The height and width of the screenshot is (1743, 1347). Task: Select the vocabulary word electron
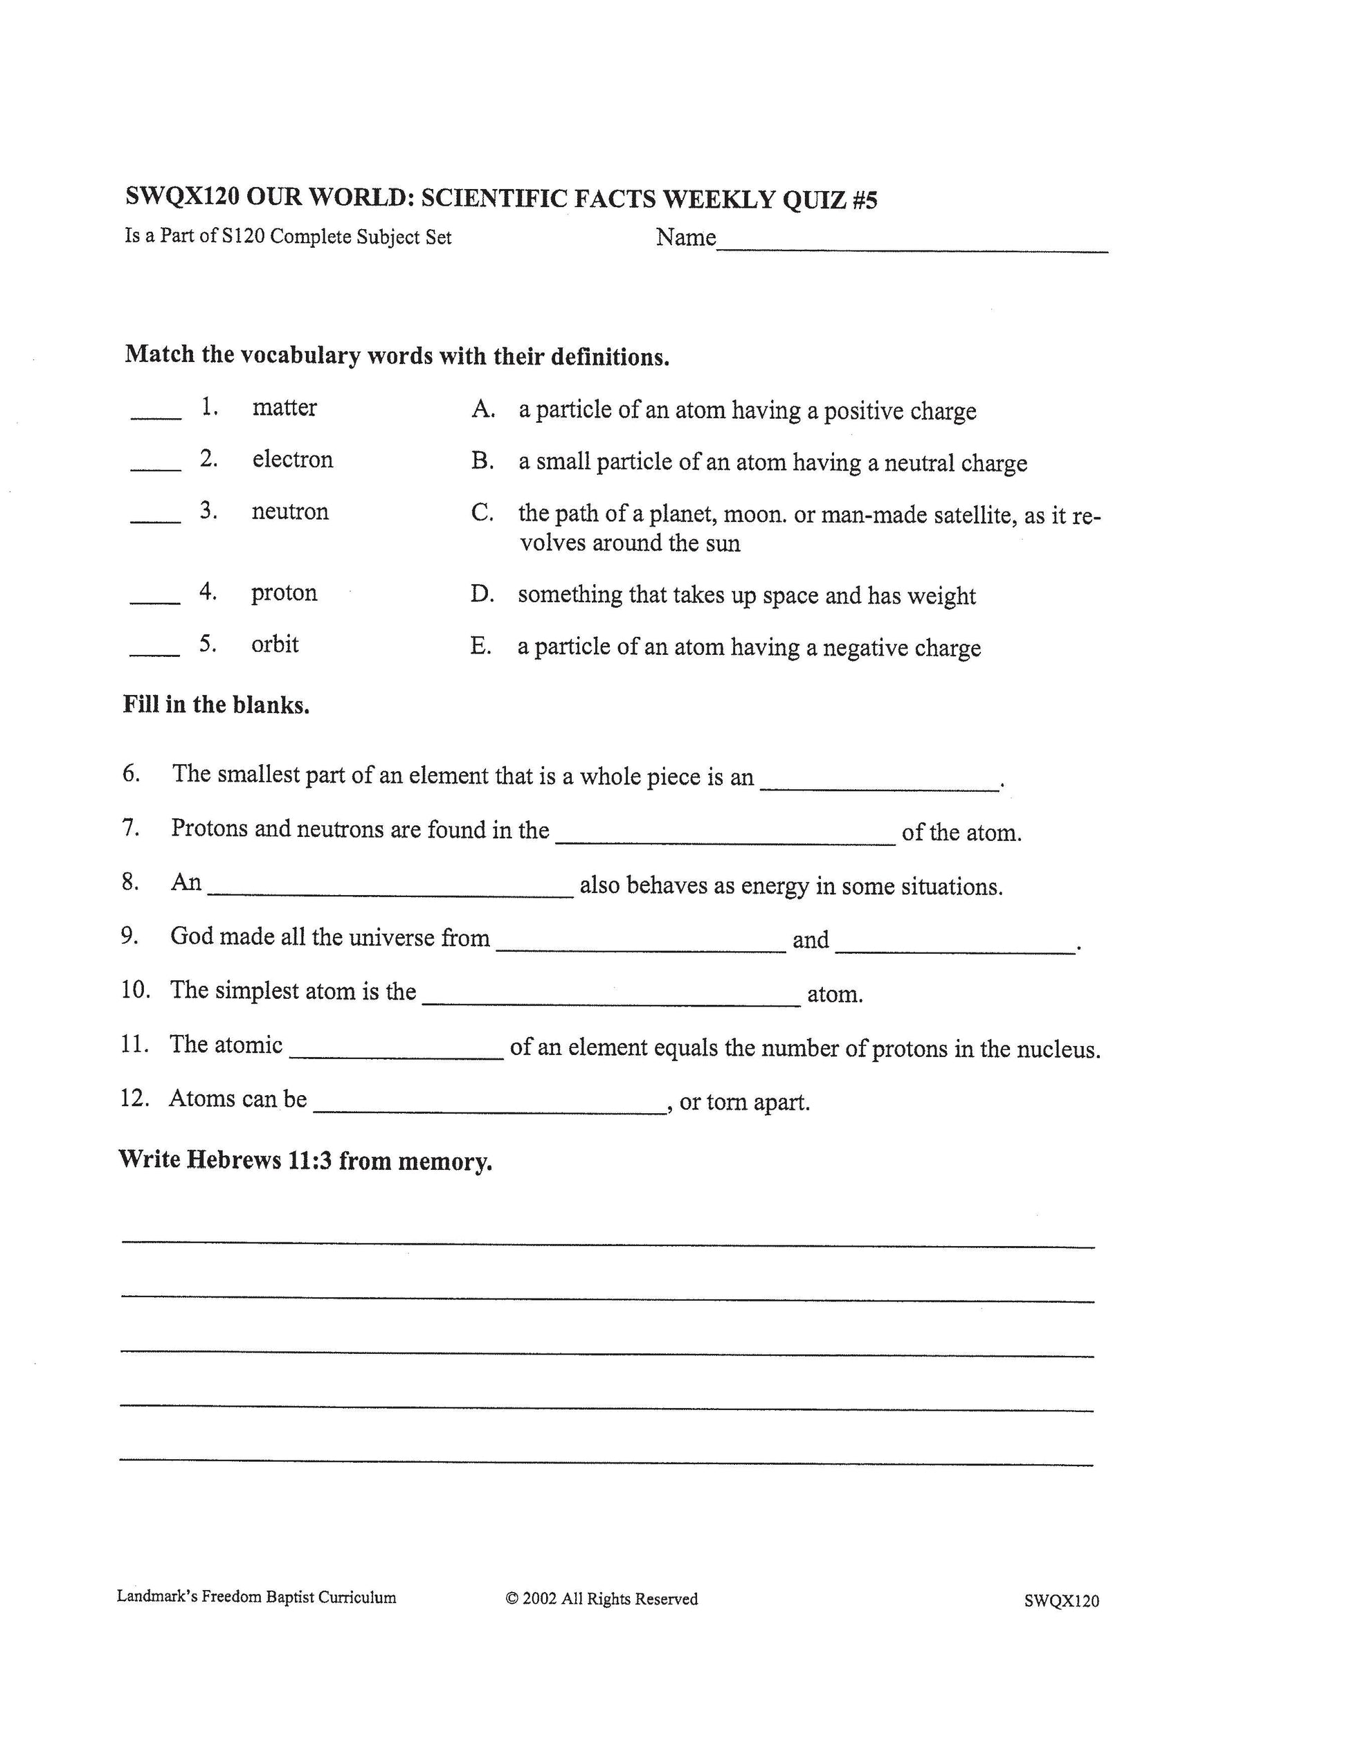point(292,460)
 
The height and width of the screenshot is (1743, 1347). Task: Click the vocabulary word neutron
point(289,512)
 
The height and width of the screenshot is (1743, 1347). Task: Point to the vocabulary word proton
point(284,593)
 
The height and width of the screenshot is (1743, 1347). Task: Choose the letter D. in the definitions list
point(482,595)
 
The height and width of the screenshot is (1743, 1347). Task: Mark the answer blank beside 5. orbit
point(155,653)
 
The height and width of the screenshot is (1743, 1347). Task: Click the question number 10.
point(136,991)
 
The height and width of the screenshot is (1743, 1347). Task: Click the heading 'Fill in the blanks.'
point(215,705)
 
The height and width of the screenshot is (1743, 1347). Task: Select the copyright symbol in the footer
point(512,1598)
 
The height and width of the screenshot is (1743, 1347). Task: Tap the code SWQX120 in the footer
point(1061,1600)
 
